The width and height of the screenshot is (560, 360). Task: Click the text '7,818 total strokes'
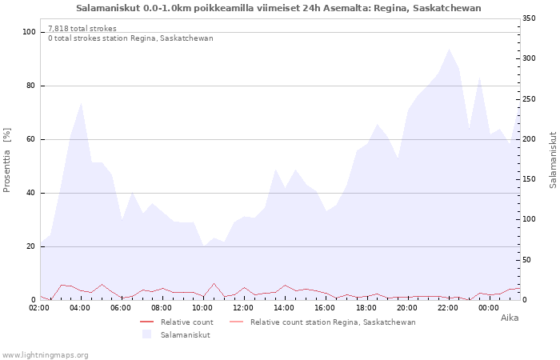click(82, 29)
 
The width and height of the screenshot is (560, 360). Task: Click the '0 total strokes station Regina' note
click(130, 38)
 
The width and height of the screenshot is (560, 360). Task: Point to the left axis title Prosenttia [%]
click(7, 160)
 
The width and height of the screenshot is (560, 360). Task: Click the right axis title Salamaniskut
click(552, 160)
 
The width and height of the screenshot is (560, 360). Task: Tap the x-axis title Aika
click(510, 318)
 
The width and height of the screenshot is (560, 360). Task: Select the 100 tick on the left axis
click(29, 32)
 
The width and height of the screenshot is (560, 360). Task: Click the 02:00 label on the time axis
click(41, 307)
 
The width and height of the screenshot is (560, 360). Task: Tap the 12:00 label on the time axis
click(244, 307)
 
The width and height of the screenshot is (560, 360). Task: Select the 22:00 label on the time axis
click(448, 307)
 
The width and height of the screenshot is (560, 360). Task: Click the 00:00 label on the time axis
click(489, 307)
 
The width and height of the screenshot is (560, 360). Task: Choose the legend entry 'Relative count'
click(186, 322)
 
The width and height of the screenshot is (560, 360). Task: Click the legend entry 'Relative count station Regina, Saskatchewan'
click(333, 322)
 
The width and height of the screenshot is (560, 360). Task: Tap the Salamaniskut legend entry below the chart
click(185, 335)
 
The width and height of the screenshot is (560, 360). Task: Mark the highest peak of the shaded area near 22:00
click(449, 50)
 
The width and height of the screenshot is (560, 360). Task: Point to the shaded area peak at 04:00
click(82, 103)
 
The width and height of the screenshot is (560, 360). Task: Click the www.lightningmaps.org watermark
click(45, 355)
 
